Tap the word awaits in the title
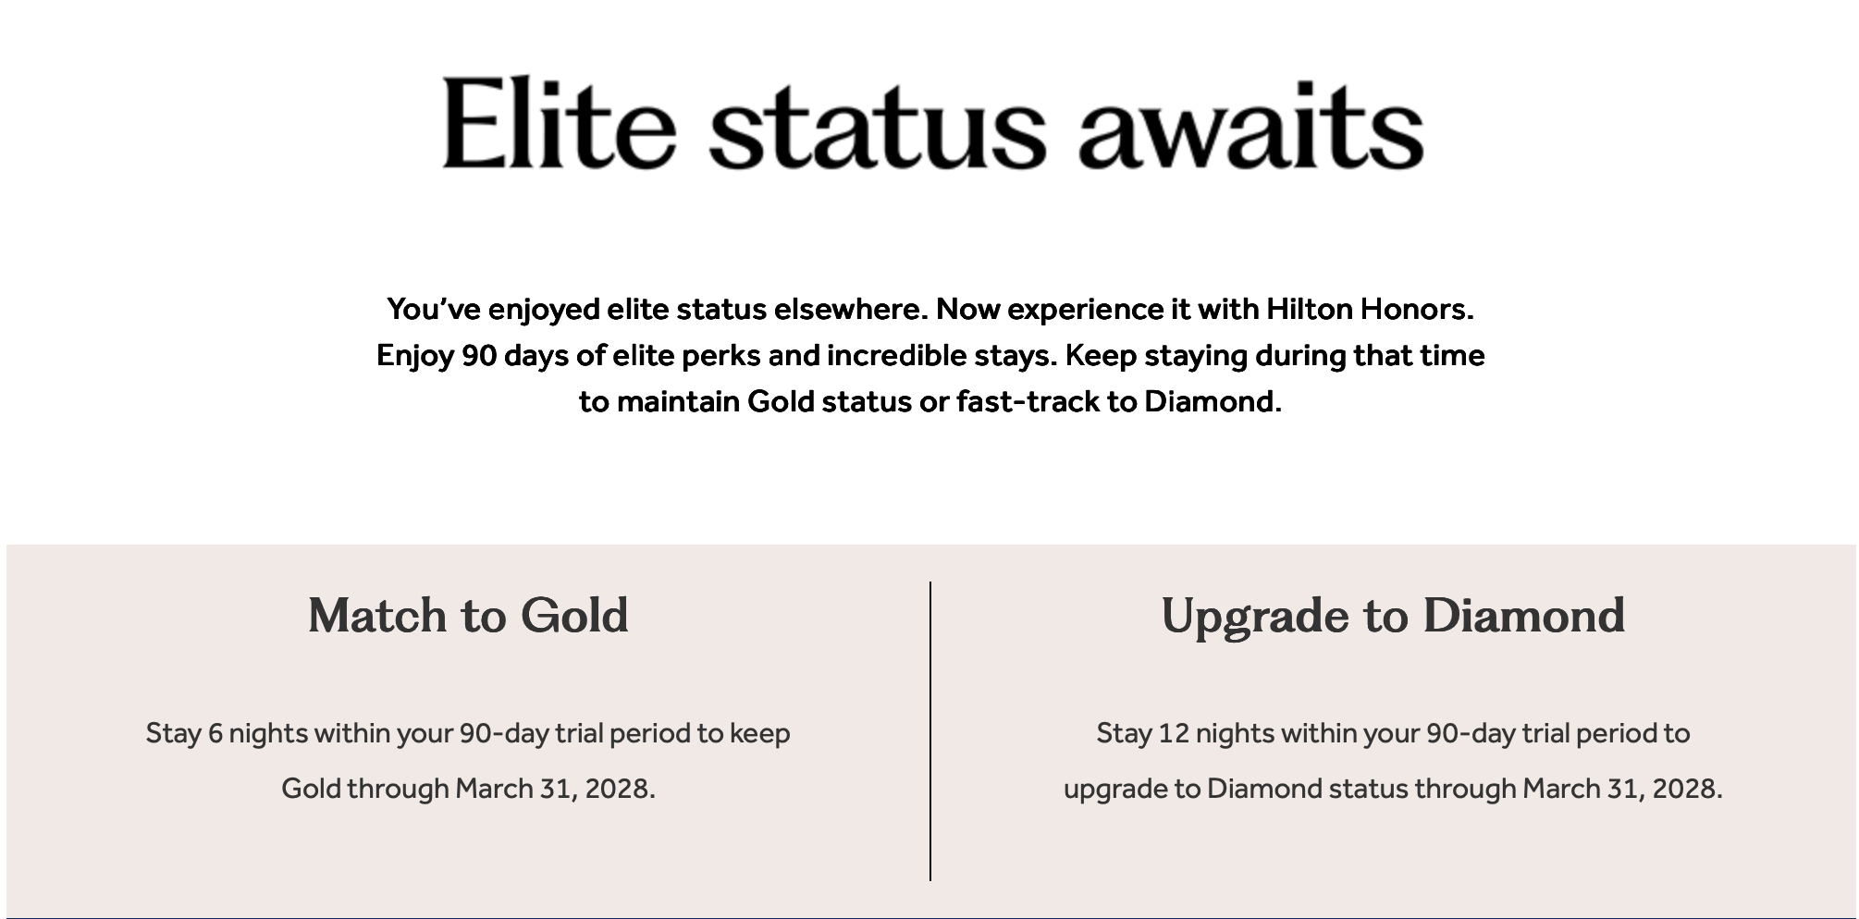(1250, 125)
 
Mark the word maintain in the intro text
(678, 402)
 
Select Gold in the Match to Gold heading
(574, 616)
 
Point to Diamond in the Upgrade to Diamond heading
(1524, 616)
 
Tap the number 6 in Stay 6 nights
(216, 734)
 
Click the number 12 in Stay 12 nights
(1174, 734)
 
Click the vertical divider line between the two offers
(930, 731)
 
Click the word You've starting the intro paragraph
(434, 309)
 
